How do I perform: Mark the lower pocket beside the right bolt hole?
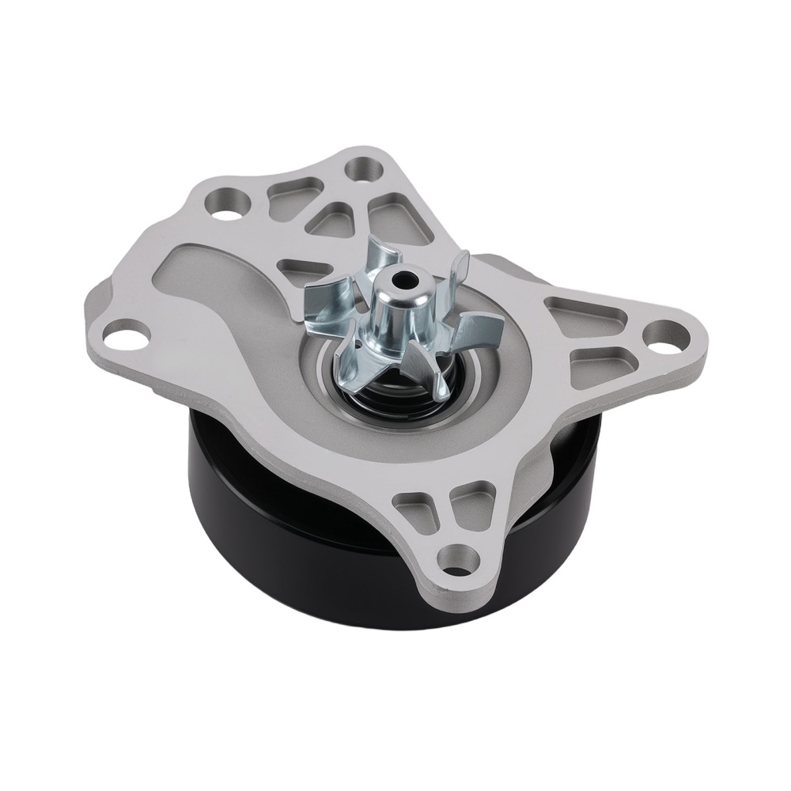click(599, 360)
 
